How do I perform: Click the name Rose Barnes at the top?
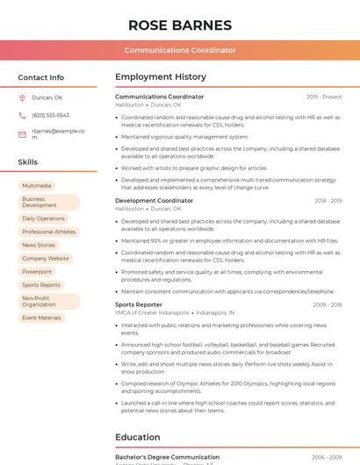[x=180, y=25]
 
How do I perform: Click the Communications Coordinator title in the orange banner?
[x=180, y=50]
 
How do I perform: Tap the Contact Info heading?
[x=41, y=77]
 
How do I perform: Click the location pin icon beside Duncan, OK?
[x=23, y=97]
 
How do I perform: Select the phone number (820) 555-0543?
[x=50, y=115]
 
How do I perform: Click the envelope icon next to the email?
[x=23, y=134]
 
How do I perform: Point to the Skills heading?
[x=28, y=162]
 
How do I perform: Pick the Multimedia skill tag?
[x=37, y=186]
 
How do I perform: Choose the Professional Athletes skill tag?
[x=49, y=232]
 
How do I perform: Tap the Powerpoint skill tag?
[x=37, y=272]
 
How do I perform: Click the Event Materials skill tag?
[x=42, y=318]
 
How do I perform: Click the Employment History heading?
[x=161, y=77]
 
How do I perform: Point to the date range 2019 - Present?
[x=324, y=97]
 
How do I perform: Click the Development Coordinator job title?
[x=155, y=201]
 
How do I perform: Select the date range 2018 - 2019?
[x=328, y=201]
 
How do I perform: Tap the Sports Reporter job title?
[x=139, y=304]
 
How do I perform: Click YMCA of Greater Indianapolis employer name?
[x=152, y=312]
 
